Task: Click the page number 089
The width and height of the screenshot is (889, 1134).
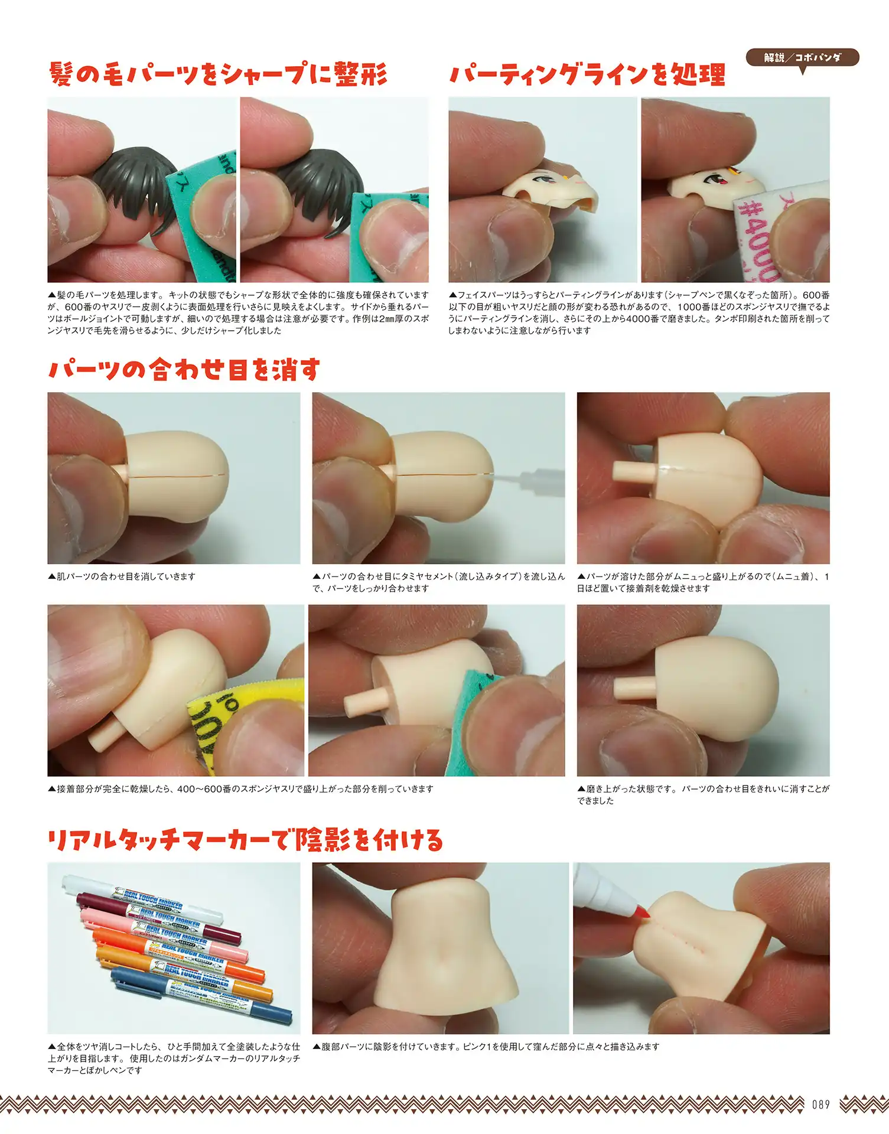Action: pos(820,1104)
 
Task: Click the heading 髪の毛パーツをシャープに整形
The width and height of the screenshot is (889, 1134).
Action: pos(218,74)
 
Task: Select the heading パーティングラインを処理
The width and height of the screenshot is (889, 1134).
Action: pos(587,74)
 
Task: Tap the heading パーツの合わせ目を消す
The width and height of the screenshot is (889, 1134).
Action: pos(184,370)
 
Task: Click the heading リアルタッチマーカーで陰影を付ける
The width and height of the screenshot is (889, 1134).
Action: pos(245,839)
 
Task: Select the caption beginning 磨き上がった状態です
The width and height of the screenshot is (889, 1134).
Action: pos(704,794)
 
